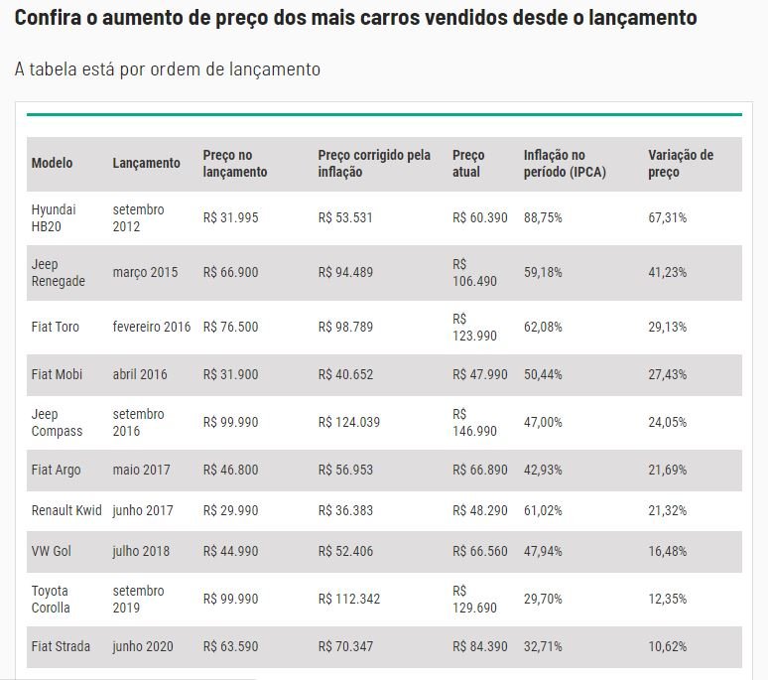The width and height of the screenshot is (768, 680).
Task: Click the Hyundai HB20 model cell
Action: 54,218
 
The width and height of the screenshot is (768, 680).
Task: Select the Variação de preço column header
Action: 681,164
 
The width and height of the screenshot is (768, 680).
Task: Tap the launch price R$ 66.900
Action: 230,272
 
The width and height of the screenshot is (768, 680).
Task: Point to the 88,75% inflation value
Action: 543,218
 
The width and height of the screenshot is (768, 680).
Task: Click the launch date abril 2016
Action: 140,374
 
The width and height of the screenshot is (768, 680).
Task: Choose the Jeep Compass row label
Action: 58,423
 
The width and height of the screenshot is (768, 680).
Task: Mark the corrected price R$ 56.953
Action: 345,470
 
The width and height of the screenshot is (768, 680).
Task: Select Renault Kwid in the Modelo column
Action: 66,510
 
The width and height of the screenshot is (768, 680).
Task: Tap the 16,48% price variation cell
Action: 668,551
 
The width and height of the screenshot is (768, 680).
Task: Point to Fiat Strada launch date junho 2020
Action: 143,646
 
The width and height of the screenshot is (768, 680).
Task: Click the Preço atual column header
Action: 468,164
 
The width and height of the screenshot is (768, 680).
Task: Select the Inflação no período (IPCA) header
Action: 565,164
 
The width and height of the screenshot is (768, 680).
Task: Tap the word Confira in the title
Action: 46,18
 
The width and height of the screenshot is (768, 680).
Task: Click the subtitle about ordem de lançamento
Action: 168,69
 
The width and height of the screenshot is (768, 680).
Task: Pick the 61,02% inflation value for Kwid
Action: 543,510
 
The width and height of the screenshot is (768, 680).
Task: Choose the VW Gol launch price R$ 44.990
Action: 230,551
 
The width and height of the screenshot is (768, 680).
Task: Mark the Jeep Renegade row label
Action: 59,273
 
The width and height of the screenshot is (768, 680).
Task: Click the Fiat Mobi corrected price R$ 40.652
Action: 345,374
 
